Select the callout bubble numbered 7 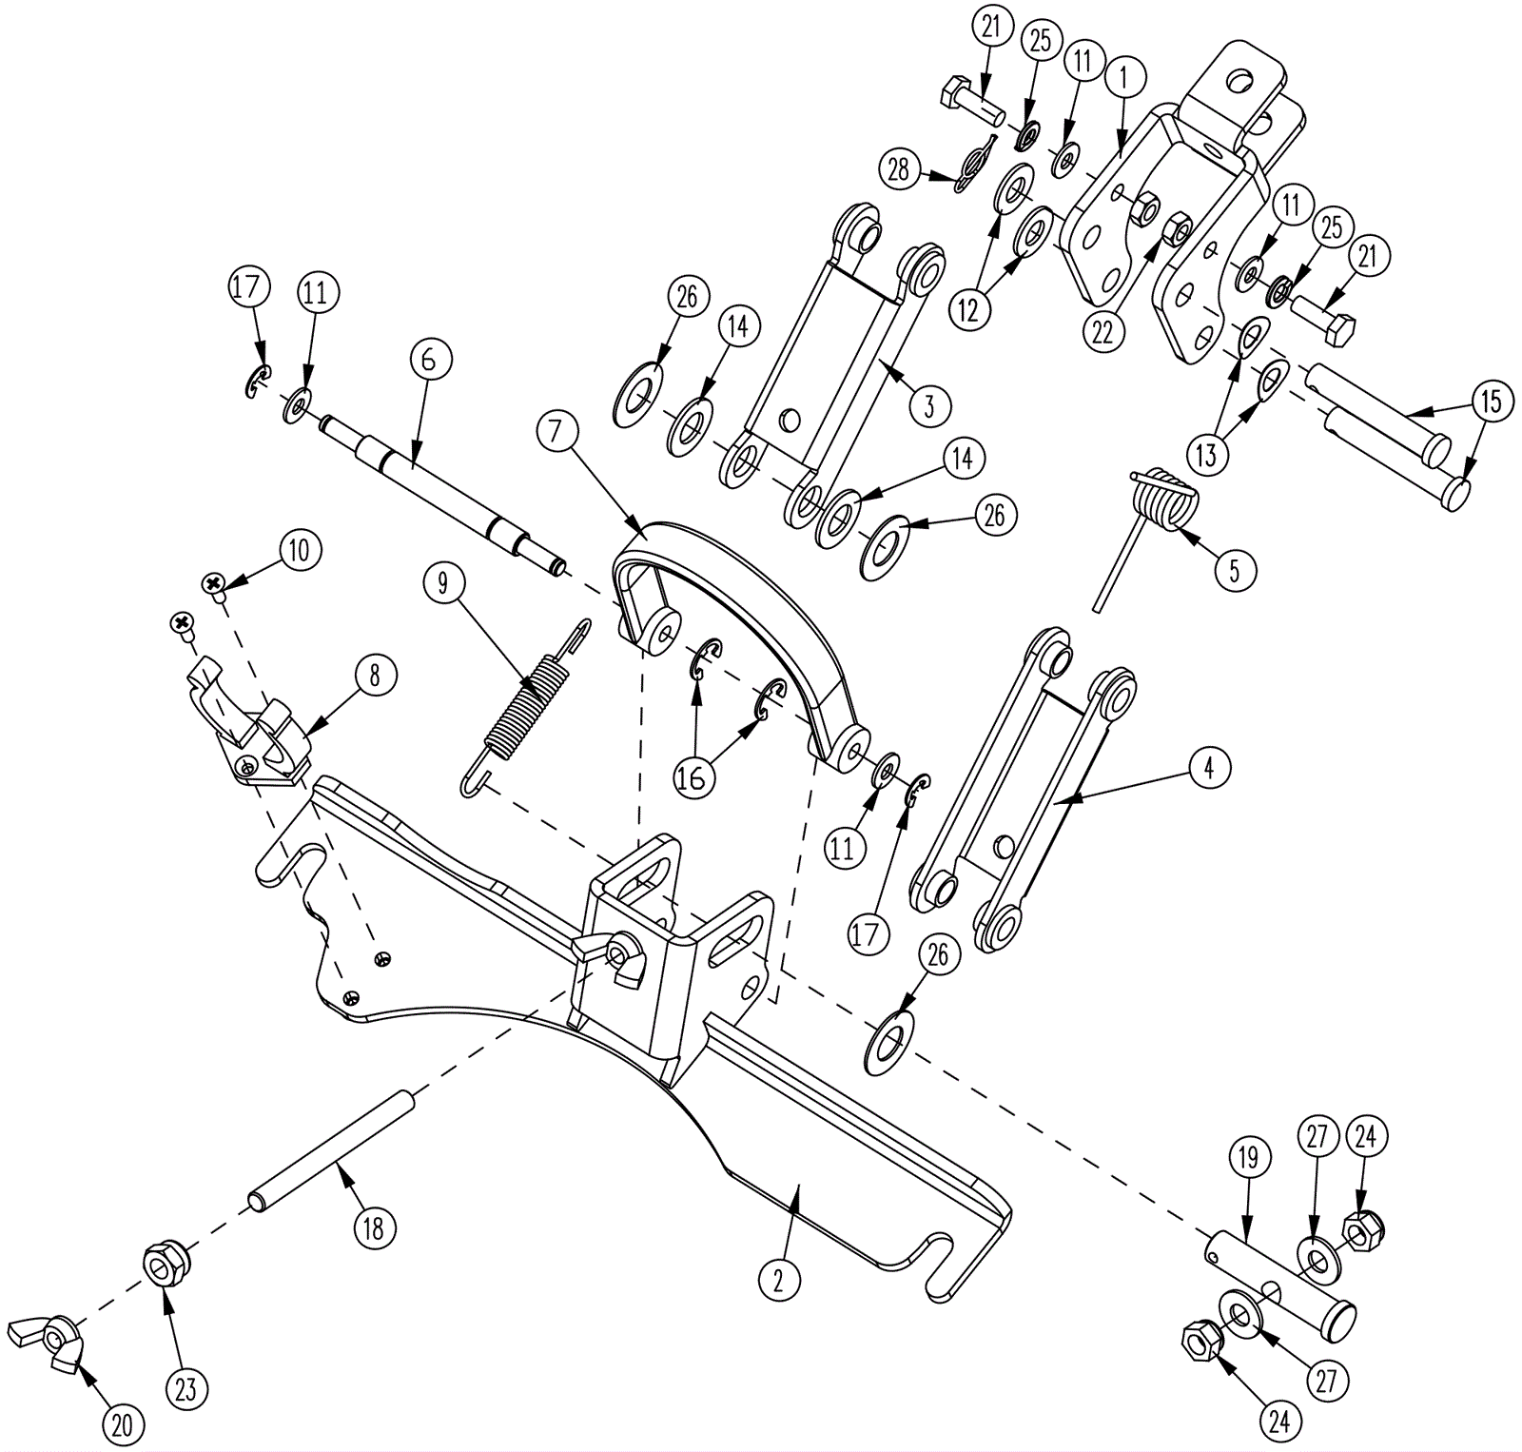[x=556, y=431]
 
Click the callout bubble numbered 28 [x=897, y=169]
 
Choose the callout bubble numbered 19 [x=1248, y=1158]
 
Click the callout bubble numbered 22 [x=1102, y=331]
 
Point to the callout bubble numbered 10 [x=300, y=550]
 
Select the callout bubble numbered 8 [x=374, y=675]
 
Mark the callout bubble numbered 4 [x=1208, y=767]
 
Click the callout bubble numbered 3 [x=928, y=405]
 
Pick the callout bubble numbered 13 [x=1206, y=455]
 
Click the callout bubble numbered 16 [x=693, y=777]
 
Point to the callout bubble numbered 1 [x=1123, y=78]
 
